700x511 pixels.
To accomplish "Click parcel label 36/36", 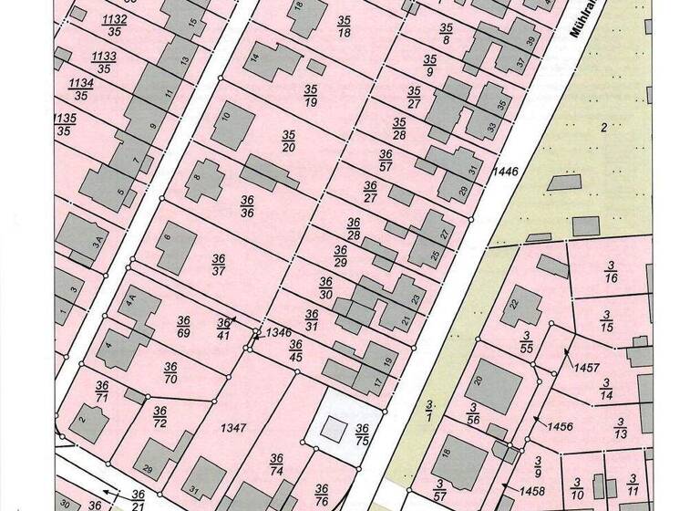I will pyautogui.click(x=246, y=205).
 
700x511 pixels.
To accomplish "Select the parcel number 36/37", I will pyautogui.click(x=218, y=264).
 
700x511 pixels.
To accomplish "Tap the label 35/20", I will pyautogui.click(x=289, y=140).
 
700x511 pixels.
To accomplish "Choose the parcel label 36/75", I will pyautogui.click(x=362, y=434).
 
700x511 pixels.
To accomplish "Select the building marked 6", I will pyautogui.click(x=173, y=246).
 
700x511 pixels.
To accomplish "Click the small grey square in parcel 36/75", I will pyautogui.click(x=330, y=426).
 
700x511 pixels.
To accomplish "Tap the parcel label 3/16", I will pyautogui.click(x=612, y=272).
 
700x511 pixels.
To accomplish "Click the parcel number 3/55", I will pyautogui.click(x=526, y=342).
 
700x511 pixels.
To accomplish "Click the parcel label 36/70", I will pyautogui.click(x=170, y=372).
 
